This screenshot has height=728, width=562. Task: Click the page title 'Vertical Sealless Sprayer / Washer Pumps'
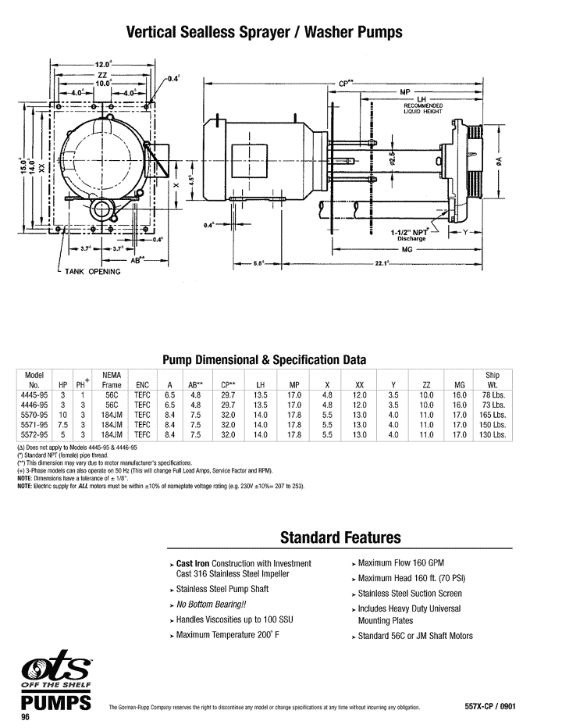(x=265, y=32)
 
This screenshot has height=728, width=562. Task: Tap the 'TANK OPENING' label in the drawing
(x=93, y=272)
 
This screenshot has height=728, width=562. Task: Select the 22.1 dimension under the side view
(x=382, y=263)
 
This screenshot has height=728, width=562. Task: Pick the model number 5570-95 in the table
(x=34, y=415)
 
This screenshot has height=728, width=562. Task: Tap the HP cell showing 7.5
(x=62, y=424)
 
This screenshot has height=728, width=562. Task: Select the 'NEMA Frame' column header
(x=112, y=380)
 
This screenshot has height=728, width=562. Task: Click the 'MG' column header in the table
(x=459, y=385)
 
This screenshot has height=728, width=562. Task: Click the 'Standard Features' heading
(x=340, y=537)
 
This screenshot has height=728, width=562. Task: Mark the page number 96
(x=26, y=717)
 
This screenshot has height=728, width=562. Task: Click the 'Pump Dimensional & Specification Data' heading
(x=264, y=360)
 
